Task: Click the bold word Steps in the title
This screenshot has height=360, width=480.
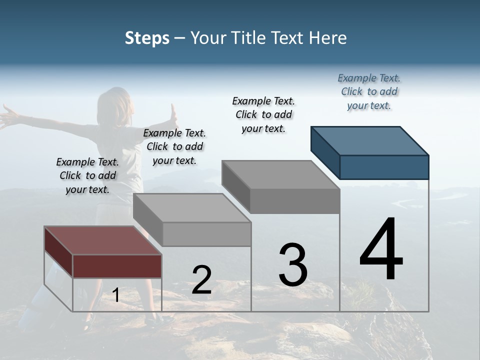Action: [147, 38]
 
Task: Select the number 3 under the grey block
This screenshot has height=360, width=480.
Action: [292, 265]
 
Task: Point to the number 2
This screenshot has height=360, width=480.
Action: [201, 280]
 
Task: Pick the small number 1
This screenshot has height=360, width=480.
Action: [116, 295]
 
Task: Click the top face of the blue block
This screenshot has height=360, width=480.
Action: [370, 140]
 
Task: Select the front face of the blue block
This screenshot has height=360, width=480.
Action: [384, 167]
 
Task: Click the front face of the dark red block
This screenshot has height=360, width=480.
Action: [117, 266]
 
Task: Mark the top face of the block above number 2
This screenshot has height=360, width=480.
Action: [192, 208]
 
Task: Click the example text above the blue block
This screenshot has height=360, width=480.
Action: [369, 92]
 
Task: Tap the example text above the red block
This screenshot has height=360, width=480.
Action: [87, 175]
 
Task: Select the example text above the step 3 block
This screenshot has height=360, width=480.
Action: [263, 114]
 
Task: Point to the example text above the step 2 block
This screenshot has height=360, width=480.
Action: [174, 146]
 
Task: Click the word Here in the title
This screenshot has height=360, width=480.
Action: [328, 38]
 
